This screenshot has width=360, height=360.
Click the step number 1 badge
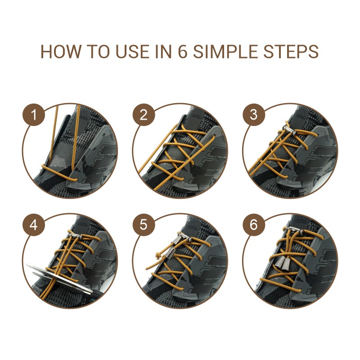pos(33,115)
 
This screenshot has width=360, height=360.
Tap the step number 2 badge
pos(144,115)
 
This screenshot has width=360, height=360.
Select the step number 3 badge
pos(254,115)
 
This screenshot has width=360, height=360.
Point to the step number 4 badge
pos(33,225)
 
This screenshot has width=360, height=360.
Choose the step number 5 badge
pos(144,225)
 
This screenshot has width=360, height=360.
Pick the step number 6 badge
pos(254,225)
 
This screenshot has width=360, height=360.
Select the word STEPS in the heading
pos(291,51)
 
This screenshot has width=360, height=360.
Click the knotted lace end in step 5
pos(158,256)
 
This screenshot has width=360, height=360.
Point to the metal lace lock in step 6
pos(294,229)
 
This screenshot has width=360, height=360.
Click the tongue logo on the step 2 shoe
pos(196,114)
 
